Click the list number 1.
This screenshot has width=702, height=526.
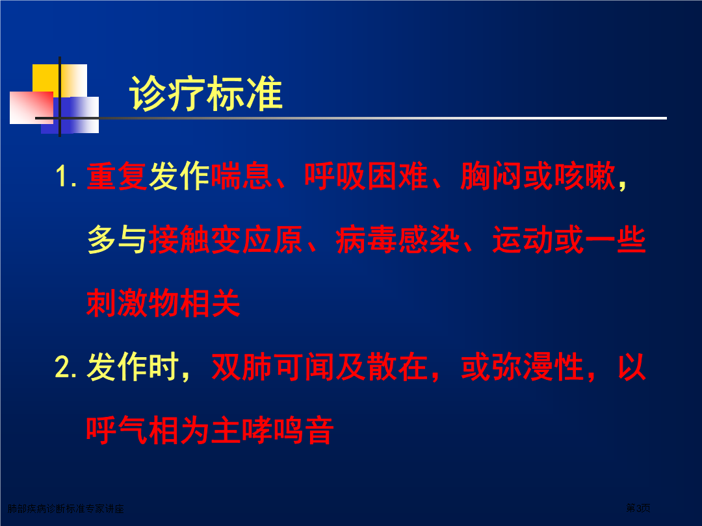(66, 176)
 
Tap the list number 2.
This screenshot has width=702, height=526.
(66, 367)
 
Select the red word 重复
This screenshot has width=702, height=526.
(117, 176)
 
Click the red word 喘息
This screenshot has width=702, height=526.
(241, 176)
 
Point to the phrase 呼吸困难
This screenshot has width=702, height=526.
(366, 176)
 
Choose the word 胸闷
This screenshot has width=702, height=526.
(491, 176)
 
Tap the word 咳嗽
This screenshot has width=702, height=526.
(585, 176)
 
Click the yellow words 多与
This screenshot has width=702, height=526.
(117, 240)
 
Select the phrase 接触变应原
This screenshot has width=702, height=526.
(226, 240)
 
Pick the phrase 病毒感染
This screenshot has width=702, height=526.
(398, 240)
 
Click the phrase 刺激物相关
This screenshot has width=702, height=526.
(163, 303)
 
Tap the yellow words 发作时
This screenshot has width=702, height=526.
(133, 367)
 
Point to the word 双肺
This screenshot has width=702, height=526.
(241, 367)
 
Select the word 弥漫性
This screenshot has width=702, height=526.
(538, 367)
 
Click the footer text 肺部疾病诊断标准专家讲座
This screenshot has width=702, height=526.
(66, 508)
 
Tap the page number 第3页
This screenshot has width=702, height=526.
(638, 508)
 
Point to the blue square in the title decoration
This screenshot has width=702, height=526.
(70, 115)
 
